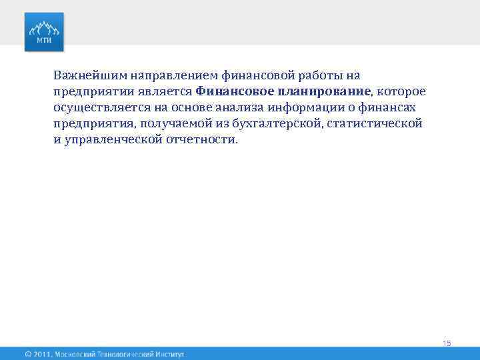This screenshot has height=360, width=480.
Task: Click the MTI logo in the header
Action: (45, 31)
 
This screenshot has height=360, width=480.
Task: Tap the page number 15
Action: (447, 343)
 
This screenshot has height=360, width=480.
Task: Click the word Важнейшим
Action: (85, 75)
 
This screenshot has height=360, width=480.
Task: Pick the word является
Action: (170, 91)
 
